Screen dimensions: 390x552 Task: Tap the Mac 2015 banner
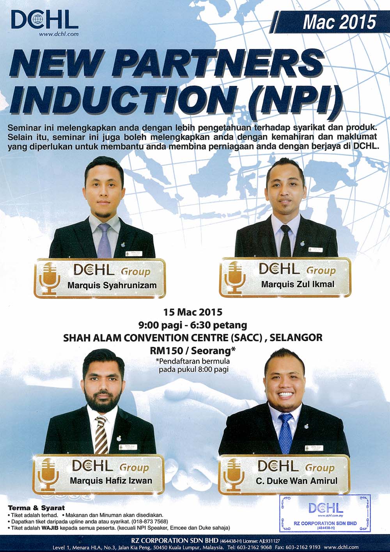330,22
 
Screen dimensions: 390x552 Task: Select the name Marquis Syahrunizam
112,286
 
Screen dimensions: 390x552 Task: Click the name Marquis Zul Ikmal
298,284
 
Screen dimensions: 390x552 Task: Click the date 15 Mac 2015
193,312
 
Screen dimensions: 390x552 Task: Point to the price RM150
168,351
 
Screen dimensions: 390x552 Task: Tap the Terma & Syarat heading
36,508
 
